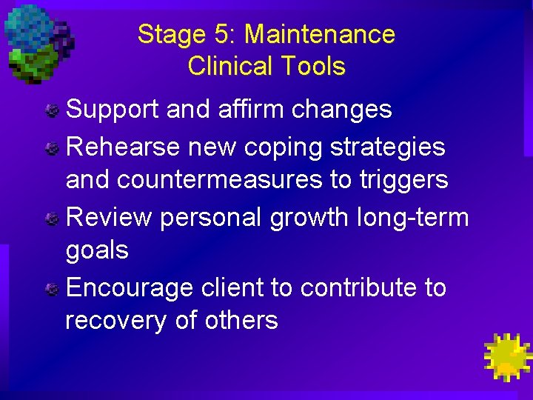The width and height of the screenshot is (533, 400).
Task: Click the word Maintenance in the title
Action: point(320,34)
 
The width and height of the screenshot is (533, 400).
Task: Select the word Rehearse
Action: point(123,147)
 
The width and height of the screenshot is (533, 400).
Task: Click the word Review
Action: point(109,218)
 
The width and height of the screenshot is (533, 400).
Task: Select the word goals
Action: point(97,250)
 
